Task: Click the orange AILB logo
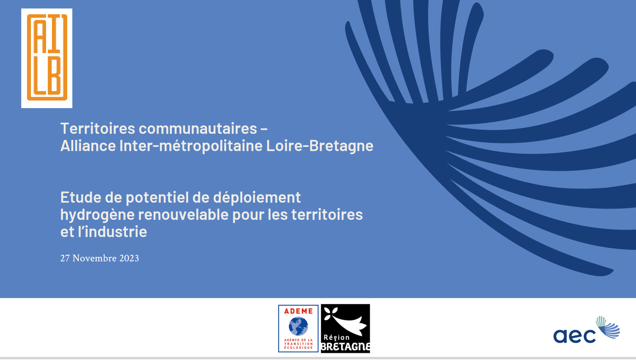pos(47,58)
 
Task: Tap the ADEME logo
pos(298,328)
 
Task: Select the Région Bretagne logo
pos(345,328)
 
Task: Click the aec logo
pos(586,330)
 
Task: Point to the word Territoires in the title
pos(98,129)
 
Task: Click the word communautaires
pos(198,129)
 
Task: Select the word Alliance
pos(88,146)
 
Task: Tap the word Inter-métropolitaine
pos(191,146)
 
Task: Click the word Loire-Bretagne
pos(320,146)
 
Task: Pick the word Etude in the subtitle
pos(81,197)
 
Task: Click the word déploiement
pos(257,198)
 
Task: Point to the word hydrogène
pos(97,215)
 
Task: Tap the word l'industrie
pos(113,231)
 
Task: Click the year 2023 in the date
pos(129,258)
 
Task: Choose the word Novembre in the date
pos(95,258)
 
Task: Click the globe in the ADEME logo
pos(298,326)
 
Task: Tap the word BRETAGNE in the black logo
pos(346,347)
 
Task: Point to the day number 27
pos(65,258)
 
